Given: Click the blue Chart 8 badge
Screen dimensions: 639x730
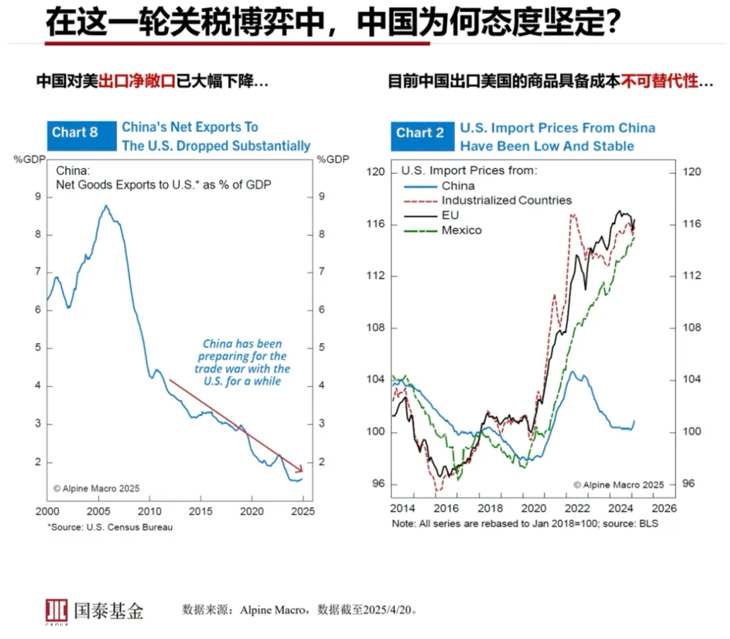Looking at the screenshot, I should pos(75,133).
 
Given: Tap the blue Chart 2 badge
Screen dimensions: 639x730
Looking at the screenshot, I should pos(419,133).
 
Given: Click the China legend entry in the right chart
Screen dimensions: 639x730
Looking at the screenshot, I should pos(458,186).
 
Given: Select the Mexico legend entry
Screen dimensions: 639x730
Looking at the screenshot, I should pos(461,230).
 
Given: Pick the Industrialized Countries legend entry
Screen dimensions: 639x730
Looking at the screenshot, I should pos(506,200).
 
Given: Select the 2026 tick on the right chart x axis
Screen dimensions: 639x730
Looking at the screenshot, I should pos(663,509).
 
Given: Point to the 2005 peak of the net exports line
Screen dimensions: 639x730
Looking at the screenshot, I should pos(106,206).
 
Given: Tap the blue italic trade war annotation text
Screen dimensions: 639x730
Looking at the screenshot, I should pos(243,363).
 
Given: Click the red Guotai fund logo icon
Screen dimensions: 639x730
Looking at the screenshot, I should pos(56,610).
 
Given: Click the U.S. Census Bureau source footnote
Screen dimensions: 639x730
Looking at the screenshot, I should pos(110,527).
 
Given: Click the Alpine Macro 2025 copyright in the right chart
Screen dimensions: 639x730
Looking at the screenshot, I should pos(618,484).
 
